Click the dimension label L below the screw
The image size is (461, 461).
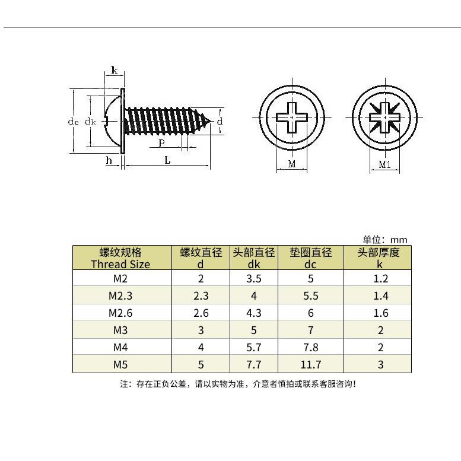(x=167, y=161)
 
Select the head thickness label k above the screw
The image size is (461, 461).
(x=114, y=71)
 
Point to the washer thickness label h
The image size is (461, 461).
(x=109, y=161)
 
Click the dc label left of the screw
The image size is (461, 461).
(x=73, y=122)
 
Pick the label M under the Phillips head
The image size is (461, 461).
(x=291, y=164)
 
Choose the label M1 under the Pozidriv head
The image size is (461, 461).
(x=384, y=165)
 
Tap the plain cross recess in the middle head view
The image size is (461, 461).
(x=291, y=117)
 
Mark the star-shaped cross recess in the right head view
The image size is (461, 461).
(x=384, y=117)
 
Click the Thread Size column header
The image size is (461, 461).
(x=121, y=259)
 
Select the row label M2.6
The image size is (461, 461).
(x=121, y=313)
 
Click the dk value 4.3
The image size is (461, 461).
(x=253, y=313)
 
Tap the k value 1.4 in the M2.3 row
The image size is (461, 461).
(x=380, y=295)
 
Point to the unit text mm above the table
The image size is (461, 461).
(x=399, y=240)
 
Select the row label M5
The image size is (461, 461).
(x=121, y=364)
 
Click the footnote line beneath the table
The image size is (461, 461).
(x=237, y=384)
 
